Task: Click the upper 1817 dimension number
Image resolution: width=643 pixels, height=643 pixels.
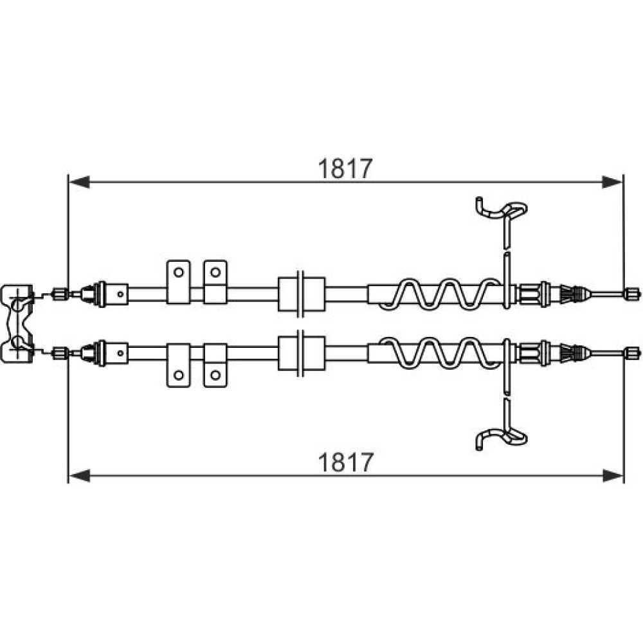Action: coord(345,168)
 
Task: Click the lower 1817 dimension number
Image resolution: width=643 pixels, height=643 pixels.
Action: coord(345,462)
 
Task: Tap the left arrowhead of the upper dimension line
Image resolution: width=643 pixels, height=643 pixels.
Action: coord(79,181)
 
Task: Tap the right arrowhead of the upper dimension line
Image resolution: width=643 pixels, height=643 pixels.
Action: coord(612,181)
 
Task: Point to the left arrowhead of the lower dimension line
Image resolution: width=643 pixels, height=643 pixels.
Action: coord(79,476)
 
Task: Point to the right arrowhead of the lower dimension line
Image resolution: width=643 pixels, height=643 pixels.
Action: coord(612,476)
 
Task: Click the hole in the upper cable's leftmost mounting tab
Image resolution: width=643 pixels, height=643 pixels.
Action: coord(178,271)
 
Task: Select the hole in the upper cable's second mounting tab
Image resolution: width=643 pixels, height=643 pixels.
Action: coord(215,271)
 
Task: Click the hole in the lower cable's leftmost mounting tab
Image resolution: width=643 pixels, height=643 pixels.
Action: coord(178,374)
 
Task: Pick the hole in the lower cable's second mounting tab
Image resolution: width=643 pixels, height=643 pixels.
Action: coord(215,374)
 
